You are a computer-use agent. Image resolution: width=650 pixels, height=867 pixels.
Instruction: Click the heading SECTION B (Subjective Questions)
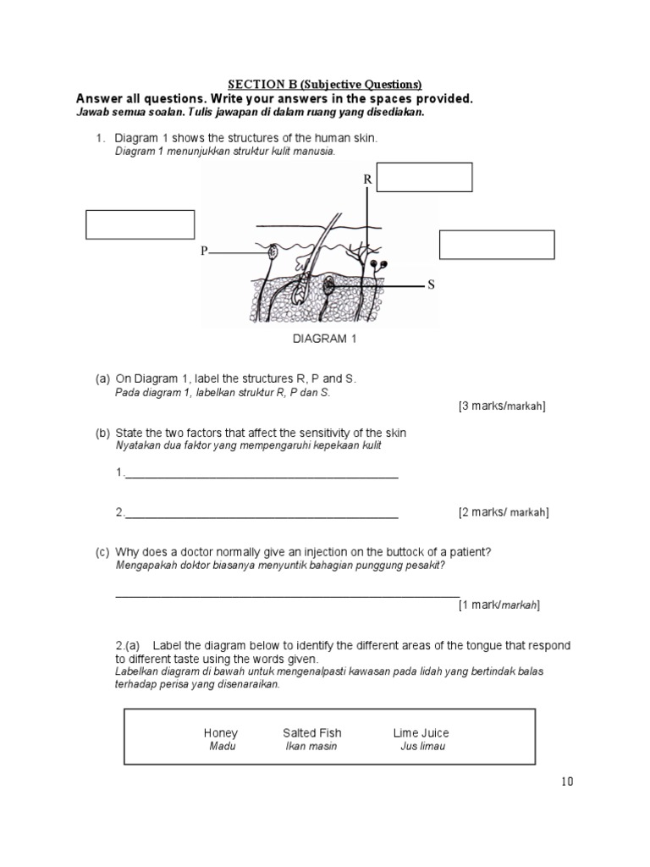pos(325,85)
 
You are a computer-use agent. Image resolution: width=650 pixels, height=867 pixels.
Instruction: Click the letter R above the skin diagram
pos(367,179)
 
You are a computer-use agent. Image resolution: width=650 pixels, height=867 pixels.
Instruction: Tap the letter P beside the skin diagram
pos(204,251)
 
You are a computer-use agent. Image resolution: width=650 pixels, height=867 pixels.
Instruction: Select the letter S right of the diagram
pos(431,285)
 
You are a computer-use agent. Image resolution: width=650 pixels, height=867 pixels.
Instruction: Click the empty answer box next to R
pos(424,178)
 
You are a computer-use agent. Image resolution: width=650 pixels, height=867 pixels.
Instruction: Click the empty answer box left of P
pos(140,224)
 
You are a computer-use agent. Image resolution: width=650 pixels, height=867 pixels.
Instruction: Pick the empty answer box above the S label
pos(497,244)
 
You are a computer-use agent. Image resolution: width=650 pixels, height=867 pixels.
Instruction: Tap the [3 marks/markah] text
pos(502,406)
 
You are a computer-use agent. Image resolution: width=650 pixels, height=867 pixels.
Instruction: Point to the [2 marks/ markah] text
pos(504,512)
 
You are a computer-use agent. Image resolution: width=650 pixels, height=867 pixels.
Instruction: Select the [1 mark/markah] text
pos(499,605)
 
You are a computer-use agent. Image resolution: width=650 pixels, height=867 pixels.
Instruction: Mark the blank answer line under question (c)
pos(287,594)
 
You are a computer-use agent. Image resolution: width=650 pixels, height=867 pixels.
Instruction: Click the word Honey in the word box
pos(221,732)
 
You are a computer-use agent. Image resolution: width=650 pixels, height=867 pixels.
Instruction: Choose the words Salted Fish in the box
pos(312,732)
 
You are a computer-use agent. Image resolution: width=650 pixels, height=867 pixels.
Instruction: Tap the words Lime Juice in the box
pos(421,732)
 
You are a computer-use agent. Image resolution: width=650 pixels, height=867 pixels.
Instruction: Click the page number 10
pos(566,781)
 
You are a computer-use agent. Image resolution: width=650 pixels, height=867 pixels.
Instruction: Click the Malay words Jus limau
pos(422,746)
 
